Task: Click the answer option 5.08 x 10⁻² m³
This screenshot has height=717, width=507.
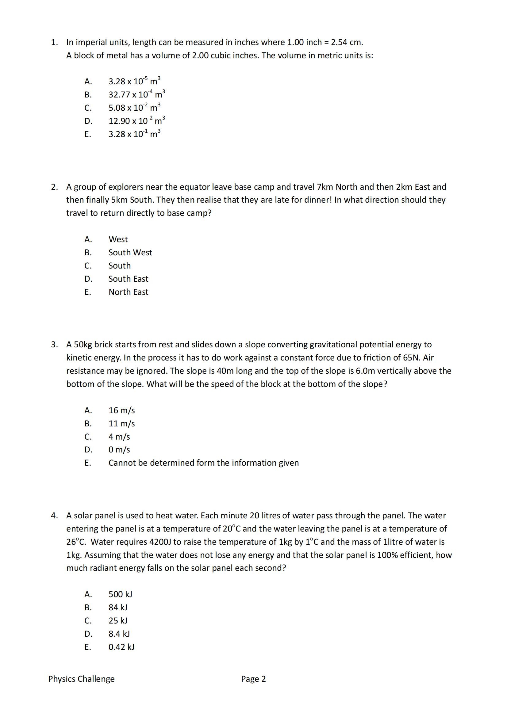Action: [134, 108]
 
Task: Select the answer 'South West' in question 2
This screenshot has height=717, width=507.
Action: [130, 252]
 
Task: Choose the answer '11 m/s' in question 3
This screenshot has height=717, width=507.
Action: [121, 423]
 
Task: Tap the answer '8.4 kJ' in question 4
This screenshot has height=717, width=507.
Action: [119, 634]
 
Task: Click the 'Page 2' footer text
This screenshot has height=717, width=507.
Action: [253, 679]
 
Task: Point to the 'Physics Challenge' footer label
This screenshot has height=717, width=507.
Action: [81, 679]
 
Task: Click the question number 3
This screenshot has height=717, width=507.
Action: [54, 345]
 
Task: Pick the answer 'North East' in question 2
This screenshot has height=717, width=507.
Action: [129, 292]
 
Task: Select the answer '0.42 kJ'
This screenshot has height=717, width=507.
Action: [121, 647]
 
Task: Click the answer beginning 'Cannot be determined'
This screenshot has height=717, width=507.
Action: [203, 463]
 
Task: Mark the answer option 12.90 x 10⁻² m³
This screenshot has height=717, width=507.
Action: [136, 121]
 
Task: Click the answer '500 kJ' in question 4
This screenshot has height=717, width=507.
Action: [120, 594]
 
